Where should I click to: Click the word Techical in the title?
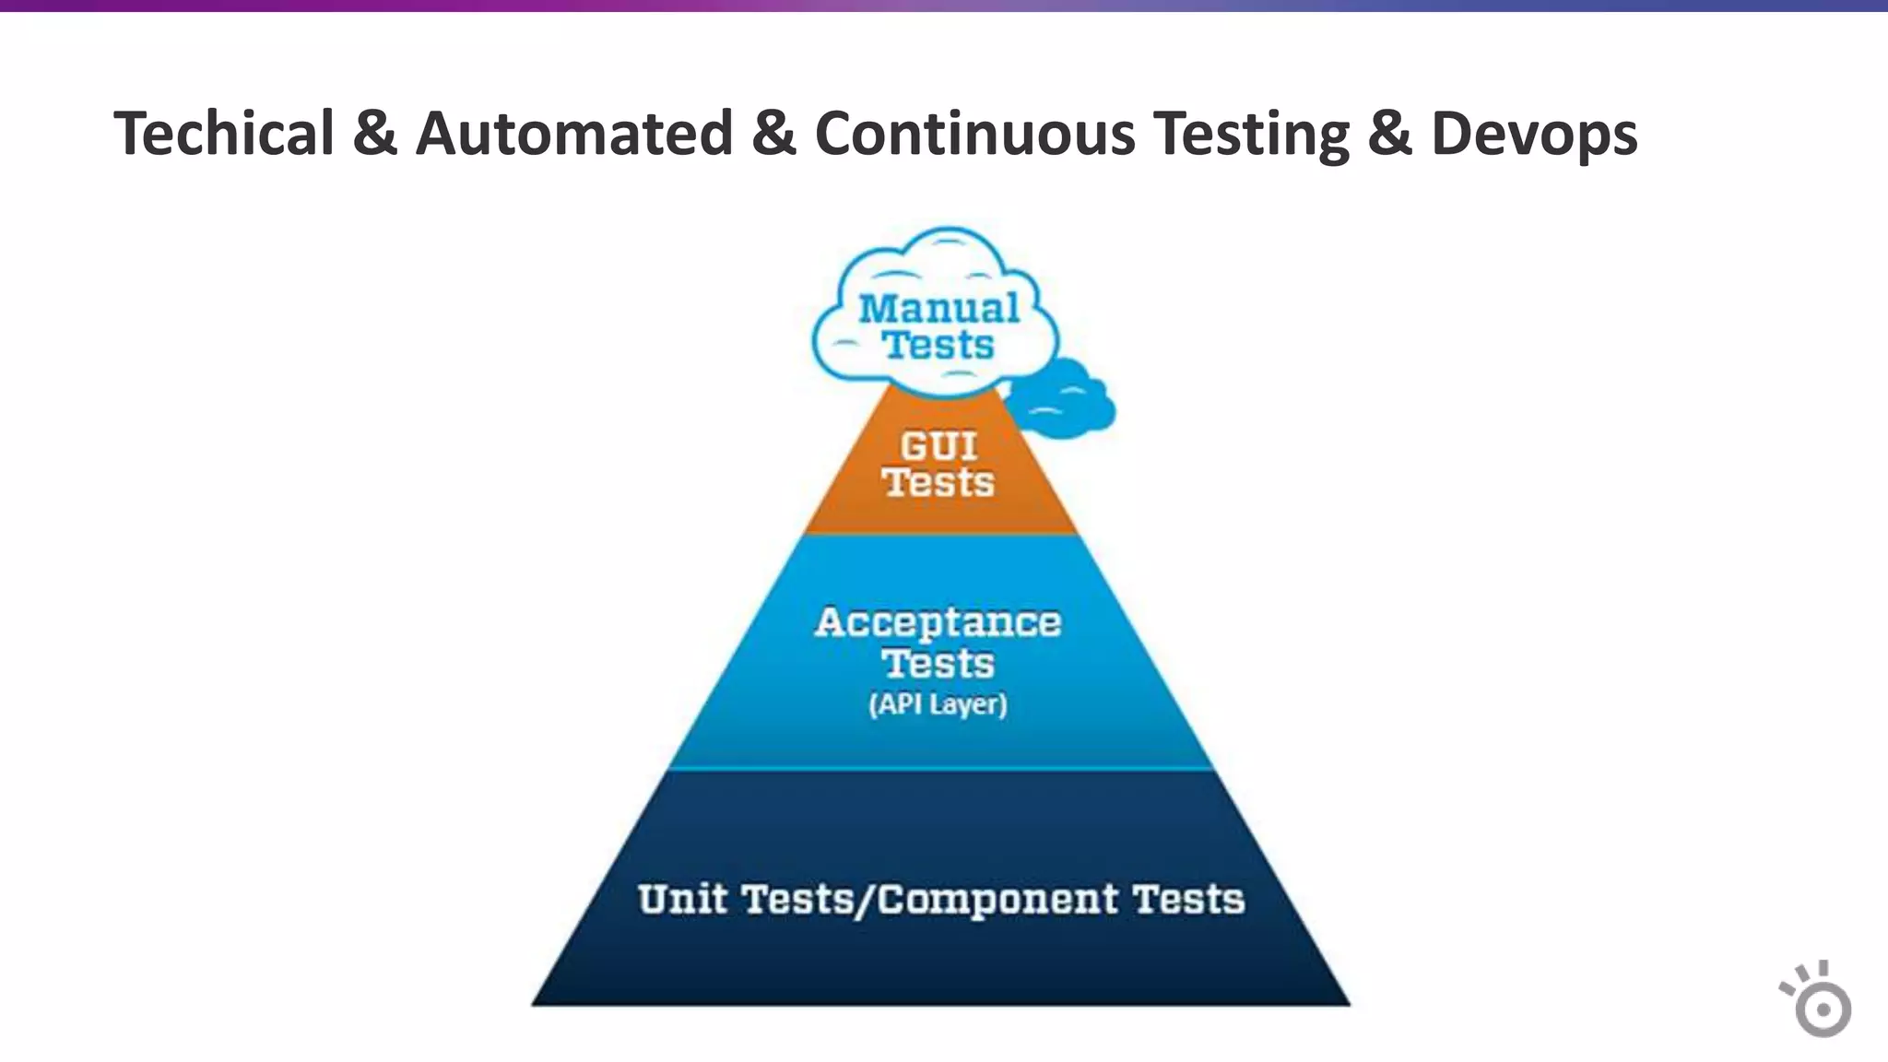point(223,134)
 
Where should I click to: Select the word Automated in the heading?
point(574,134)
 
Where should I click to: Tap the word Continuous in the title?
point(975,134)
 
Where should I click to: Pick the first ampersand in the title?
point(374,134)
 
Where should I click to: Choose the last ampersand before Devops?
point(1390,134)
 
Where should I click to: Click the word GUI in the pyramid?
point(938,447)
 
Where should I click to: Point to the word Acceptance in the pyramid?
point(938,623)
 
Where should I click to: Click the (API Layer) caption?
point(938,705)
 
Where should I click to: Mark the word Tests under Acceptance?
point(938,664)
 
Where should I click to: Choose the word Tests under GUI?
point(938,483)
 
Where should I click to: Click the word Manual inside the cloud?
point(938,309)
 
